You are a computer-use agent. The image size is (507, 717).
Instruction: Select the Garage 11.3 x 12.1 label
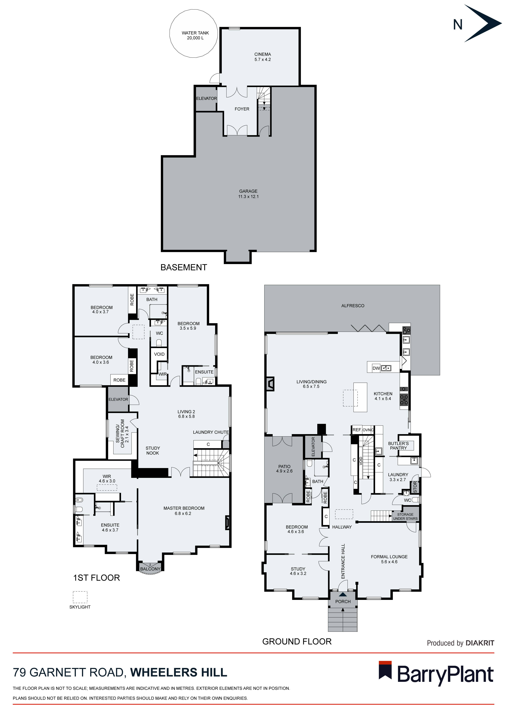coord(248,194)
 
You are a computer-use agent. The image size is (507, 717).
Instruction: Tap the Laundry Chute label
coord(211,432)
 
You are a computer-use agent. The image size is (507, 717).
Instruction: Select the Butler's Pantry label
coord(398,446)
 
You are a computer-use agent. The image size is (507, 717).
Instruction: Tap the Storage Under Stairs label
coord(405,516)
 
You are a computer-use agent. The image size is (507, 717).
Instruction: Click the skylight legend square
coord(80,597)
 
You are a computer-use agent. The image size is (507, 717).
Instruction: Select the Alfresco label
coord(353,306)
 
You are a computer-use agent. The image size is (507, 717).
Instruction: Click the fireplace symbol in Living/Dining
coord(270,384)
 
